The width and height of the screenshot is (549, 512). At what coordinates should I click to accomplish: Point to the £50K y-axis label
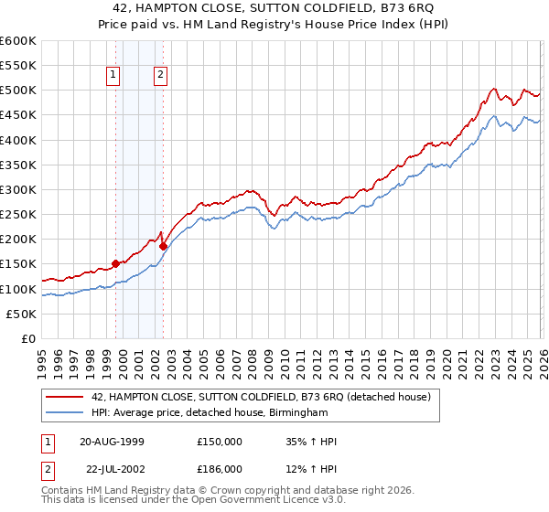click(21, 314)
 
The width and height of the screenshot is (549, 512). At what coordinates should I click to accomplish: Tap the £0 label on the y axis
click(29, 338)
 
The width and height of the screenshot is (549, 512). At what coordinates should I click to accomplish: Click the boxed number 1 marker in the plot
click(114, 76)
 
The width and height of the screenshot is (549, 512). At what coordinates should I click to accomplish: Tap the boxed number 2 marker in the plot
click(160, 76)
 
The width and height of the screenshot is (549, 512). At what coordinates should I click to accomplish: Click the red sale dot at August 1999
click(115, 263)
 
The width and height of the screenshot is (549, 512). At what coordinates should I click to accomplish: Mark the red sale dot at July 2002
click(163, 246)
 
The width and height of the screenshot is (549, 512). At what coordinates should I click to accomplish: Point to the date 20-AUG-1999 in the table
click(114, 442)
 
